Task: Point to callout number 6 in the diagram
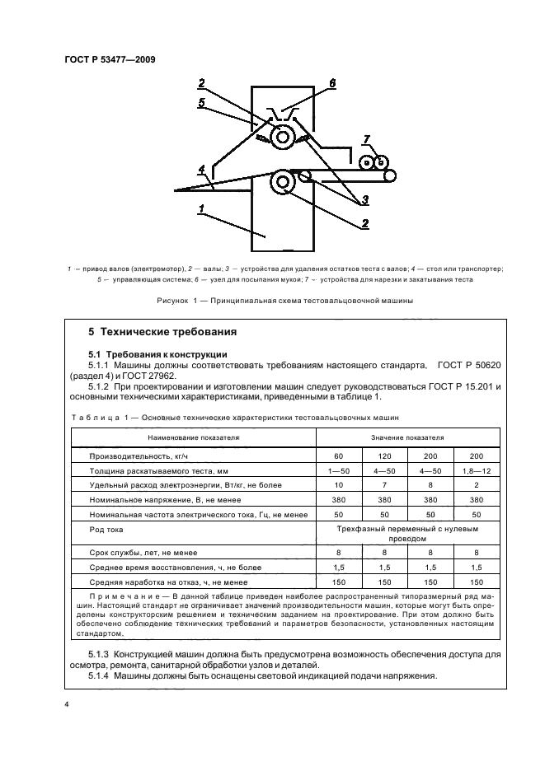tap(332, 83)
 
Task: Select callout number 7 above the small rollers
tap(367, 139)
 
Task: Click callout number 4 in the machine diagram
tap(200, 171)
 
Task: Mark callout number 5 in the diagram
tap(200, 102)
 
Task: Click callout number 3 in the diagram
tap(362, 199)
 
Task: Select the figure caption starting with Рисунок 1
tap(284, 301)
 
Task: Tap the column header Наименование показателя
tap(193, 437)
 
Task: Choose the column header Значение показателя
tap(407, 437)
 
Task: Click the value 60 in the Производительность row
tap(339, 456)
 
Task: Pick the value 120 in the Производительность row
tap(384, 456)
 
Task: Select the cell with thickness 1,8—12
tap(475, 470)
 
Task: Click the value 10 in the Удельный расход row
tap(339, 486)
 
